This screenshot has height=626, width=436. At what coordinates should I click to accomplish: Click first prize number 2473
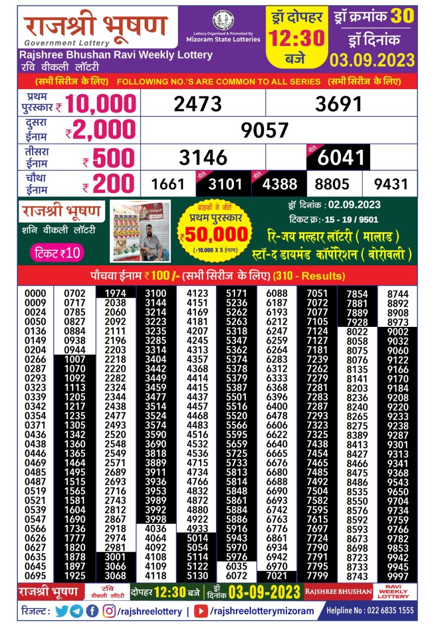198,104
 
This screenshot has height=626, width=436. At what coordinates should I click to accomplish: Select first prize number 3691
339,104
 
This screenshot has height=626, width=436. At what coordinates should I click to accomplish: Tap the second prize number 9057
265,130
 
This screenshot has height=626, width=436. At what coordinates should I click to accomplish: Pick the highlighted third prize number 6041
341,158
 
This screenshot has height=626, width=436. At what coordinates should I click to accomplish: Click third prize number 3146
203,158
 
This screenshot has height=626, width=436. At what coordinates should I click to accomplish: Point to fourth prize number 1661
167,185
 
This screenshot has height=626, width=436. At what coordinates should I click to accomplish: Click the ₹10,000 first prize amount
100,104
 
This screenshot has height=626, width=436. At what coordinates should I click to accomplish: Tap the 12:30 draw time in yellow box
297,38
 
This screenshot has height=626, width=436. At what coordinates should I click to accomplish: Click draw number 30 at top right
402,16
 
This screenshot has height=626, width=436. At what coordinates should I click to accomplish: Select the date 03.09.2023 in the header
373,60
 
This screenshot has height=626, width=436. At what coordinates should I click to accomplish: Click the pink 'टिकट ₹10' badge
57,253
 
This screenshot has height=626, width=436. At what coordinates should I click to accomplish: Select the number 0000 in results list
35,293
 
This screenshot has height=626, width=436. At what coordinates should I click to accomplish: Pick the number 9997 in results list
398,576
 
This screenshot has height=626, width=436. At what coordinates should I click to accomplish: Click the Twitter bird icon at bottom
61,611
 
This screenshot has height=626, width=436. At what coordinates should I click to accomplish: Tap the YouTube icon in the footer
201,611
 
